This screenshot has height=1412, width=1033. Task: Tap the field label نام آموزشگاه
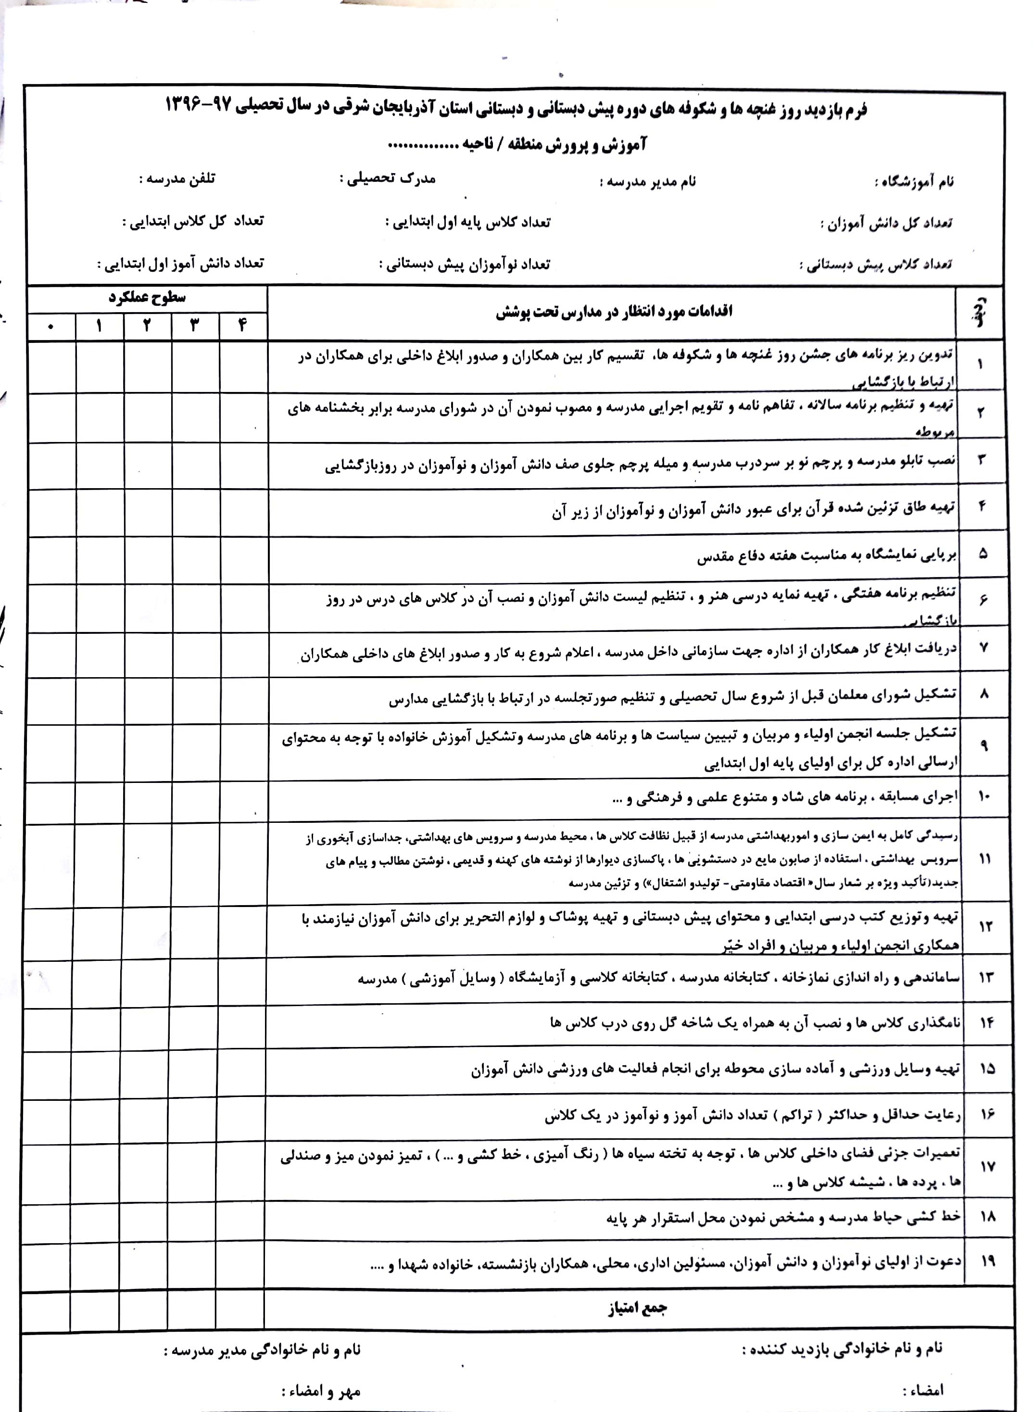(x=913, y=183)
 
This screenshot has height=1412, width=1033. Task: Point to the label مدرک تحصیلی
(x=387, y=179)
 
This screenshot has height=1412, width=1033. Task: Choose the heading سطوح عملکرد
(x=147, y=298)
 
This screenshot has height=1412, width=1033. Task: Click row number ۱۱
(x=985, y=860)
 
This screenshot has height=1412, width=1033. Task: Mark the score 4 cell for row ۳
(x=244, y=466)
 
